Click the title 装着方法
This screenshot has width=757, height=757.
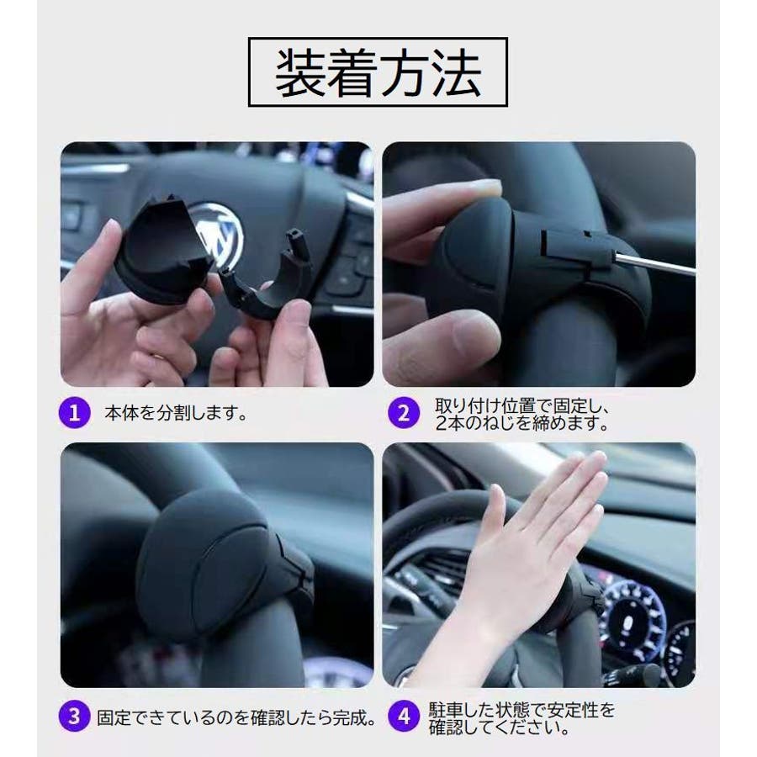point(378,72)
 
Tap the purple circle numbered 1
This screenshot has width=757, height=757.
point(74,413)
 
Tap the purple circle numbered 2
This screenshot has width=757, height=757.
point(404,413)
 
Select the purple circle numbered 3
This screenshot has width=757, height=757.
point(74,716)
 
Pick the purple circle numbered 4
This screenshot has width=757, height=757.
point(405,716)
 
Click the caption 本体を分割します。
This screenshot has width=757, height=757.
point(177,413)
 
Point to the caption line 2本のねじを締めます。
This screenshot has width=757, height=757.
point(521,423)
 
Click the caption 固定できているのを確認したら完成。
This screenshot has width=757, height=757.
point(236,717)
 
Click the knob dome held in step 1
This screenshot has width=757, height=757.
point(164,251)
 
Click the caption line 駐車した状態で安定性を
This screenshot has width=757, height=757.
point(521,710)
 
